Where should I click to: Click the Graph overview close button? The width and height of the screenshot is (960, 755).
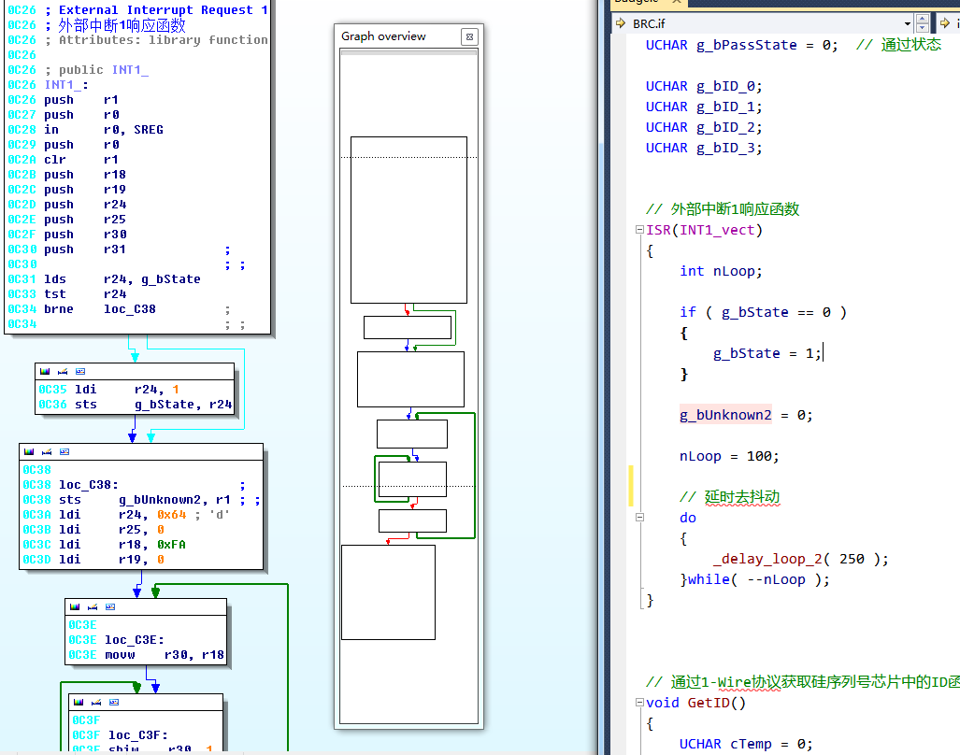470,36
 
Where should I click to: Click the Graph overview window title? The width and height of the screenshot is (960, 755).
383,36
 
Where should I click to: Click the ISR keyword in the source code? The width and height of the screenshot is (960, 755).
659,230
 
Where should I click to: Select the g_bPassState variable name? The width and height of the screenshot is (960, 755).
747,45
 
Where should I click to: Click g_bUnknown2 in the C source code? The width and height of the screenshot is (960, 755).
726,415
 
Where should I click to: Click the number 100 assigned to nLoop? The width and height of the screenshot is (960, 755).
762,456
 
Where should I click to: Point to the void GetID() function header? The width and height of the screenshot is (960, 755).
696,703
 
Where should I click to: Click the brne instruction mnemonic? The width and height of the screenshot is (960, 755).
59,308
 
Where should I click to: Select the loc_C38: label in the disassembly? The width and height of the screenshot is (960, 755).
89,484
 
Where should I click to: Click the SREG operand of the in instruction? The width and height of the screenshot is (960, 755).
148,129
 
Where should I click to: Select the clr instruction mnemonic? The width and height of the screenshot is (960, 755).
55,159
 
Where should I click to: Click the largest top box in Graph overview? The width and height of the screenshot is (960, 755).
408,220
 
